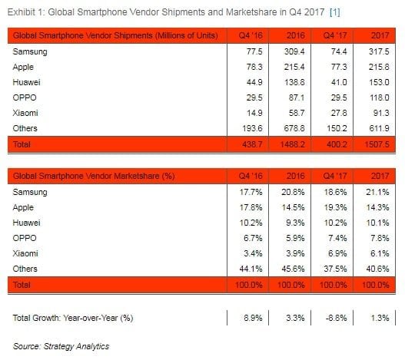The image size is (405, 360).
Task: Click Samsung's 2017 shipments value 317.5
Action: pyautogui.click(x=379, y=51)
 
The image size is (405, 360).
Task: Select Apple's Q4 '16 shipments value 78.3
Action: pyautogui.click(x=254, y=67)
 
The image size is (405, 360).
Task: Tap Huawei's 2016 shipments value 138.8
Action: pyautogui.click(x=294, y=82)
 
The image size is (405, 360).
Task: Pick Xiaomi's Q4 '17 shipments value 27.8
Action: pyautogui.click(x=339, y=113)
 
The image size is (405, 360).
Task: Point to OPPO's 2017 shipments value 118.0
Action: pyautogui.click(x=379, y=97)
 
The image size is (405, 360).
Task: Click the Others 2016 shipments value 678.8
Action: pyautogui.click(x=294, y=128)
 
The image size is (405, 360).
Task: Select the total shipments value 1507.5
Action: pyautogui.click(x=377, y=144)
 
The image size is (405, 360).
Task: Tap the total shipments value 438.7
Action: pyautogui.click(x=252, y=144)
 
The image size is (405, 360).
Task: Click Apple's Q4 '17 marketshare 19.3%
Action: pyautogui.click(x=335, y=207)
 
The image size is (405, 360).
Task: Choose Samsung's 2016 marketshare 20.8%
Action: pyautogui.click(x=293, y=192)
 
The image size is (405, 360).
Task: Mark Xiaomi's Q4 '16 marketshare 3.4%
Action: pyautogui.click(x=253, y=253)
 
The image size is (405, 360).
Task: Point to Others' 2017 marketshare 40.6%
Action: pyautogui.click(x=377, y=269)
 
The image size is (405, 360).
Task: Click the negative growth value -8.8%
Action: pyautogui.click(x=336, y=318)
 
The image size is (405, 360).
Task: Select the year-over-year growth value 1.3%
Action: pyautogui.click(x=380, y=318)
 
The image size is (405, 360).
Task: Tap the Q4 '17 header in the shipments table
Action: pyautogui.click(x=335, y=35)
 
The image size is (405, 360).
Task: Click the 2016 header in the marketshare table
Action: pyautogui.click(x=295, y=176)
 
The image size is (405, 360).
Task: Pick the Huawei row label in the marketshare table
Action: pyautogui.click(x=26, y=223)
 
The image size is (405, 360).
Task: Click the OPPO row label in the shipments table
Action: pyautogui.click(x=25, y=97)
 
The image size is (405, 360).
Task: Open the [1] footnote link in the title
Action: pyautogui.click(x=335, y=12)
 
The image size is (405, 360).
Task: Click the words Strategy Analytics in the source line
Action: pyautogui.click(x=76, y=346)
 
